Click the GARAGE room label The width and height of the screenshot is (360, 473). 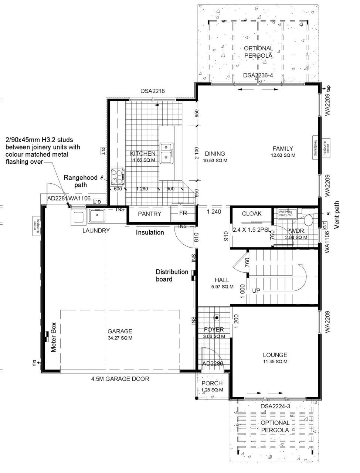120,331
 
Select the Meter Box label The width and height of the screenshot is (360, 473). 53,337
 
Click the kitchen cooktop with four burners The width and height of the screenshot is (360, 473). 118,176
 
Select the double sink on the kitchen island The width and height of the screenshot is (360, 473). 167,152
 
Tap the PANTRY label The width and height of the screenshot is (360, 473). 149,214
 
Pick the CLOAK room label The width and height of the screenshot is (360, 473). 251,214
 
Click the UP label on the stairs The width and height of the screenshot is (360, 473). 256,290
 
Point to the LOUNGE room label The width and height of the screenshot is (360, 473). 275,355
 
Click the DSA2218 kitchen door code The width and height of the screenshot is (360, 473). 152,91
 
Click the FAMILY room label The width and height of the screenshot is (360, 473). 283,149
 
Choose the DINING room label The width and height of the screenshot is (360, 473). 215,154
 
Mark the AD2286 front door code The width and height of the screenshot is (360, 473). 213,364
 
